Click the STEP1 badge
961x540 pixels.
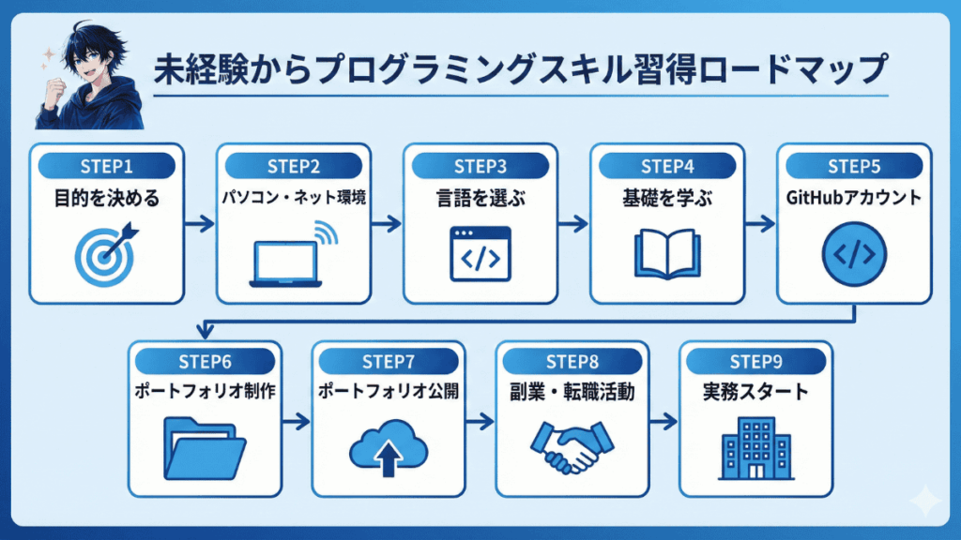[x=106, y=167]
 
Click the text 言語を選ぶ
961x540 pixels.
[x=480, y=199]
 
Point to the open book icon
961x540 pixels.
[x=667, y=254]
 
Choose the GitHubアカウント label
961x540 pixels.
[x=854, y=199]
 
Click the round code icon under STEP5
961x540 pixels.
[x=854, y=255]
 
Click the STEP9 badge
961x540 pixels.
[x=755, y=363]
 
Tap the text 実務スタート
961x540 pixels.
[x=755, y=392]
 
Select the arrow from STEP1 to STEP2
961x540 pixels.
[x=199, y=225]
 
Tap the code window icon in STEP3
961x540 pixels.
[x=480, y=254]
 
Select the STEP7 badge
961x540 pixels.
[x=388, y=363]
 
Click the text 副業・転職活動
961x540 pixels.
[x=572, y=392]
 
